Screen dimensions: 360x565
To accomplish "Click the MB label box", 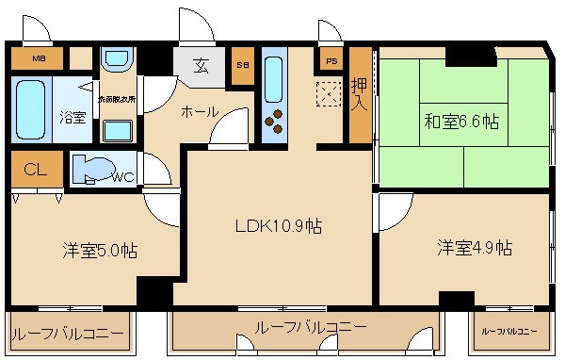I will (x=39, y=59).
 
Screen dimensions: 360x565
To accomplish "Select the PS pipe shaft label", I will (x=331, y=62).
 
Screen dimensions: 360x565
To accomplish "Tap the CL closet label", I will (x=35, y=171).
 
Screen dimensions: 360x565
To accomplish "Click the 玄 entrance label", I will (x=202, y=66).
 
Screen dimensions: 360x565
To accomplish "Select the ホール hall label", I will (x=199, y=111).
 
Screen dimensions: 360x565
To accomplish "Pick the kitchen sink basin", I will (x=274, y=75).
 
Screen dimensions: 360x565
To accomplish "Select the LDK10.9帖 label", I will (x=279, y=225).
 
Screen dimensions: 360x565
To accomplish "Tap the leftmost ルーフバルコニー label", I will (x=67, y=334).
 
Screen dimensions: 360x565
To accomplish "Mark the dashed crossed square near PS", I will (x=330, y=94).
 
